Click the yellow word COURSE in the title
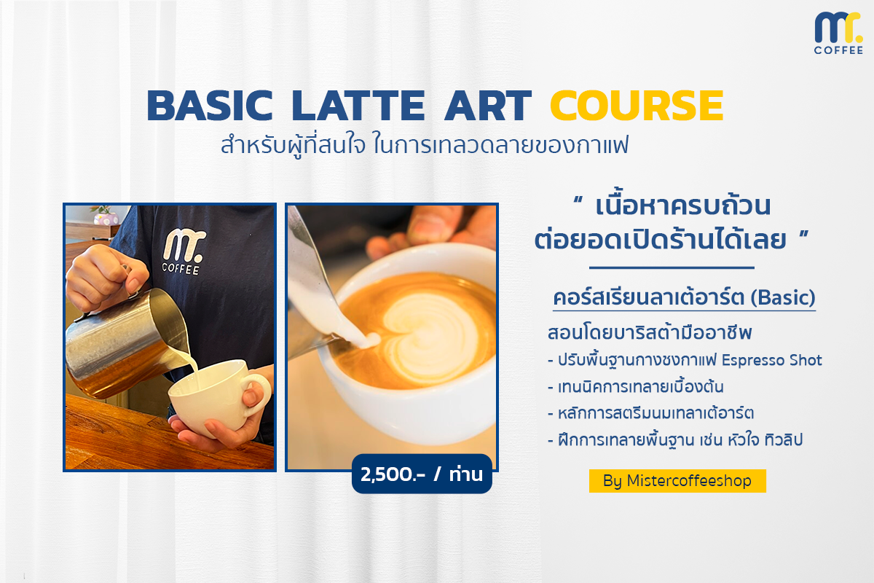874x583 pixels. click(x=637, y=106)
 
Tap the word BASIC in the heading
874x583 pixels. click(x=210, y=106)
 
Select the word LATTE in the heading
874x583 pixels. click(x=358, y=106)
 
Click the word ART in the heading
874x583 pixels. click(x=488, y=106)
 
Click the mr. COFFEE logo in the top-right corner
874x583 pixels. click(x=838, y=33)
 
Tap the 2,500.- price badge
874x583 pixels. click(x=422, y=474)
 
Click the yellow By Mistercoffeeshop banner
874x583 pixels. click(x=677, y=481)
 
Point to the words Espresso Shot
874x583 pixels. click(x=771, y=360)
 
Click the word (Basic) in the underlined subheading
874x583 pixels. click(x=783, y=297)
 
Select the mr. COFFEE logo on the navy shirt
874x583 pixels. click(x=183, y=252)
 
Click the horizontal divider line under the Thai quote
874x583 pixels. click(x=672, y=268)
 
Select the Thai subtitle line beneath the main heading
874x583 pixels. click(x=425, y=145)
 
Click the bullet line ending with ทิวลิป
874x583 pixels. click(x=675, y=440)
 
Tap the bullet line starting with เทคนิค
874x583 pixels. click(x=636, y=387)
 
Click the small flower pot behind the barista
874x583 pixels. click(x=106, y=216)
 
